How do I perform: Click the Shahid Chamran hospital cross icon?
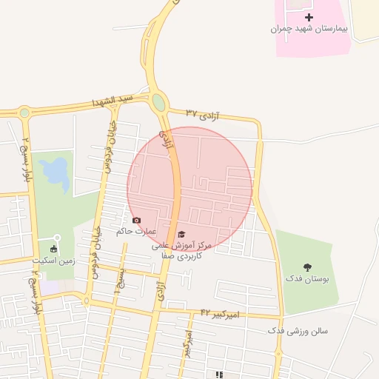click(309, 17)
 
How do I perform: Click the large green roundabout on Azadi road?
click(158, 102)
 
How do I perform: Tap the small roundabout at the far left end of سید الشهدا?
click(24, 113)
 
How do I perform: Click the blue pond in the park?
click(54, 172)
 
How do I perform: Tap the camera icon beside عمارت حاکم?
click(136, 220)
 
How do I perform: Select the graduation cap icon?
click(181, 234)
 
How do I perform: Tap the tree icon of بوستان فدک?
click(307, 266)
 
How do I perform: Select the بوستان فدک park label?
click(306, 279)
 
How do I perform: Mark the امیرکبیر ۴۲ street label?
click(220, 315)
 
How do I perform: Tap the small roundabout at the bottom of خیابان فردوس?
click(87, 301)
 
